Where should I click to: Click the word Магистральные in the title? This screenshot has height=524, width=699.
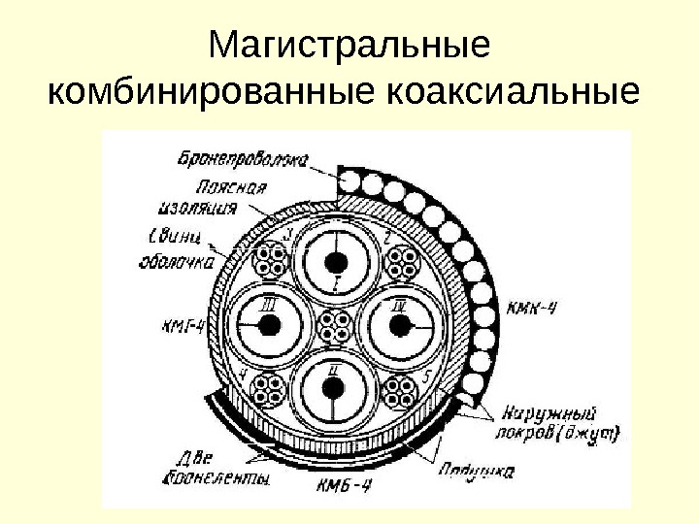349,46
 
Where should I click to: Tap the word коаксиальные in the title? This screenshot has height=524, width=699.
514,94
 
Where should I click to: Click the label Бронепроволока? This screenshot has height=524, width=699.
242,156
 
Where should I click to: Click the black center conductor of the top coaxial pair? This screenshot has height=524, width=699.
335,263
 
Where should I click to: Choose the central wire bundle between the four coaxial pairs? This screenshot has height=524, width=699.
334,327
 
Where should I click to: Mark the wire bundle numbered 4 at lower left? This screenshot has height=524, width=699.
269,390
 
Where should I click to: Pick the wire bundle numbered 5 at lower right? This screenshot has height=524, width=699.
398,390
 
